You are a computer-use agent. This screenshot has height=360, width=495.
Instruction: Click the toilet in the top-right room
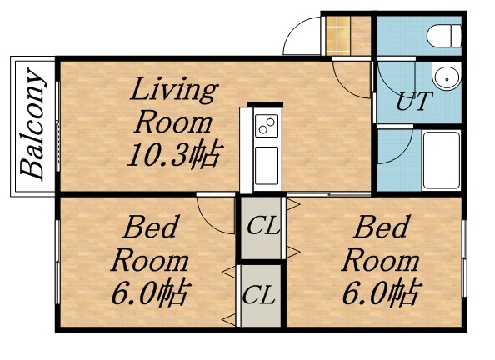click(444, 36)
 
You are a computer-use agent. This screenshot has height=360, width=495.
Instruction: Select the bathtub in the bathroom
click(442, 161)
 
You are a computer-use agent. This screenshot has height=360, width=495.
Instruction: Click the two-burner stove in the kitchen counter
click(267, 125)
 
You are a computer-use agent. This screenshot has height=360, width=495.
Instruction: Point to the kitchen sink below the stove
click(267, 166)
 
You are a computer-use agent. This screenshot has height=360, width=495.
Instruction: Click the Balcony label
click(32, 124)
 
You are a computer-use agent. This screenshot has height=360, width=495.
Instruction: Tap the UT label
click(414, 101)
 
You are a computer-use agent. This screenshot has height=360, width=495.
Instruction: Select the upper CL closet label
click(263, 225)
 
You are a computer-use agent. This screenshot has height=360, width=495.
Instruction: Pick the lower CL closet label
click(259, 295)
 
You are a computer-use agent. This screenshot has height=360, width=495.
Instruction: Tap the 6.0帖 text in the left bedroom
click(152, 292)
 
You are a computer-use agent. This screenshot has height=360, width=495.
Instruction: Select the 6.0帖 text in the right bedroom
click(382, 292)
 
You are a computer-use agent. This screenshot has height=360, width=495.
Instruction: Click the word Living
click(174, 90)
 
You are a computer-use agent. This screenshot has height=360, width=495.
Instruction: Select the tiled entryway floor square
click(338, 36)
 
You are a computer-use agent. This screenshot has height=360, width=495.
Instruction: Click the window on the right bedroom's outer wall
click(464, 258)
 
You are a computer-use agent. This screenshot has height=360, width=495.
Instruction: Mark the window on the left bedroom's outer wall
click(57, 262)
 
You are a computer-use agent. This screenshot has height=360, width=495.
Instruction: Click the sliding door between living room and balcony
click(57, 127)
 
